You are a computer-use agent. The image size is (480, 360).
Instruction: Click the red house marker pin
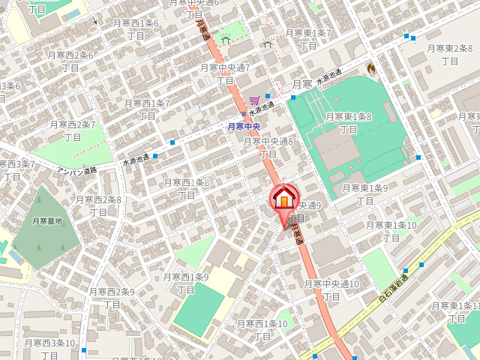point(283,199)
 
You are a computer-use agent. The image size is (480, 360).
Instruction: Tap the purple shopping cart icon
point(255,100)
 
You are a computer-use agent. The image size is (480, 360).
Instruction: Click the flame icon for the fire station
point(370,68)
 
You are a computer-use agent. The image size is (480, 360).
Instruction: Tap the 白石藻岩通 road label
point(392,290)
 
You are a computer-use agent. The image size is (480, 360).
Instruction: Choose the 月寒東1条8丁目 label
point(349,123)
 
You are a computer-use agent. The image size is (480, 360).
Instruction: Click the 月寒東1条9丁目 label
point(364,194)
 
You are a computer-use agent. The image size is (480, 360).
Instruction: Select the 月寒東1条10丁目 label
point(391,231)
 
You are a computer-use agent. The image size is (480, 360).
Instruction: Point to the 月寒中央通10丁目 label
point(331,290)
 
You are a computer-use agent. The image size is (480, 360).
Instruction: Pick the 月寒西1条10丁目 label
point(262,330)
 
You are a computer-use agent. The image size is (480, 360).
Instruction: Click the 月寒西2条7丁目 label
point(72,130)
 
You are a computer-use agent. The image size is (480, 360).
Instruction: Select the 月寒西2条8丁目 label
point(98,205)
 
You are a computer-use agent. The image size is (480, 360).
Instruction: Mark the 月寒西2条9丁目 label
point(112,298)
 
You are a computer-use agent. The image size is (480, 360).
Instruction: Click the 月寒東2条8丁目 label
point(450,54)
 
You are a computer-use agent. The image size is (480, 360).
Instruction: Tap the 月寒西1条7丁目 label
point(147,109)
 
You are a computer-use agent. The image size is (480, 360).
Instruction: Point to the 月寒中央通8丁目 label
point(268,147)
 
